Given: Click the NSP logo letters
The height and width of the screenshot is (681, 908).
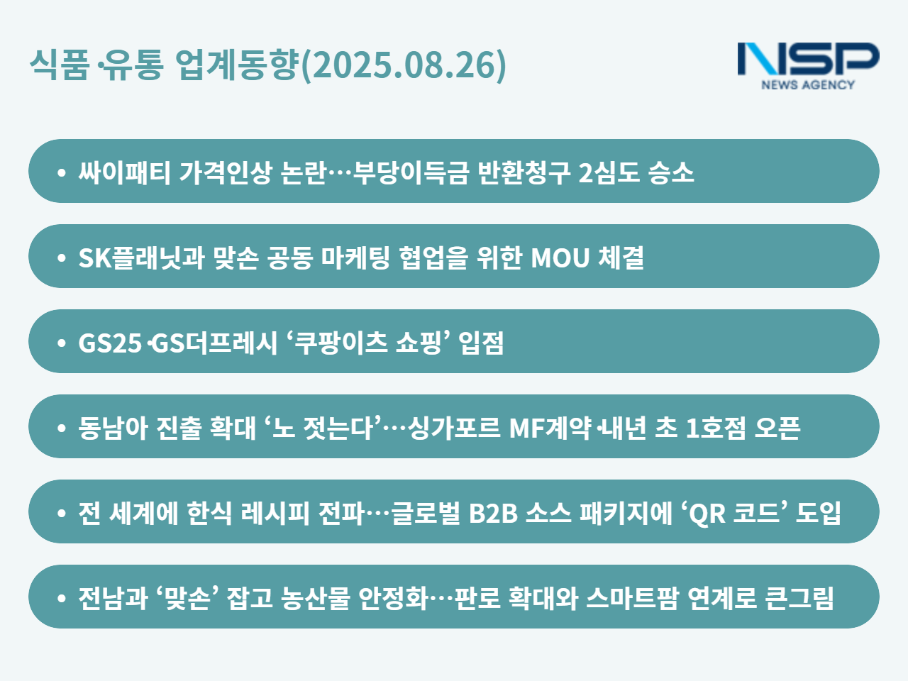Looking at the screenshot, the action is point(808,59).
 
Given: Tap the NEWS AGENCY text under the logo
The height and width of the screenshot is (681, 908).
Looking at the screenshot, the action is point(808,84).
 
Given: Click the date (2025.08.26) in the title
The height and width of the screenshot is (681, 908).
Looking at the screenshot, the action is point(404,65).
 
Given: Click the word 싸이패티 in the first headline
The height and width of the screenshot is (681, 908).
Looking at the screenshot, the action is point(124,172).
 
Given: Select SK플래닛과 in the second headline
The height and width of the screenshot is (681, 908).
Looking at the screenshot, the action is point(141,258).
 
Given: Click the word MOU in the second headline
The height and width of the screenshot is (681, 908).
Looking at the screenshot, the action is point(560,258).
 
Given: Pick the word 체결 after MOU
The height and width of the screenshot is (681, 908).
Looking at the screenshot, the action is point(621,258).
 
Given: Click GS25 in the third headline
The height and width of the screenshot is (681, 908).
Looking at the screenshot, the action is point(110,343).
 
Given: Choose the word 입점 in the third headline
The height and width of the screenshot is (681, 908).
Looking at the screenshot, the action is point(481,343).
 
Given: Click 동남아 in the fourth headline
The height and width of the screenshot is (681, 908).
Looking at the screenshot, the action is point(113,428).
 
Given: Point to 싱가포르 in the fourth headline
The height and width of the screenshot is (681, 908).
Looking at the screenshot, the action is point(454,428).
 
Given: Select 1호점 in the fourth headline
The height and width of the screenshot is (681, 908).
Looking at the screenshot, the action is point(716,428).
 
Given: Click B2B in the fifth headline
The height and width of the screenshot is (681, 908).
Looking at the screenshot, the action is point(493,514).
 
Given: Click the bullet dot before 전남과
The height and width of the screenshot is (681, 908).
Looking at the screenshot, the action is point(62,598).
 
